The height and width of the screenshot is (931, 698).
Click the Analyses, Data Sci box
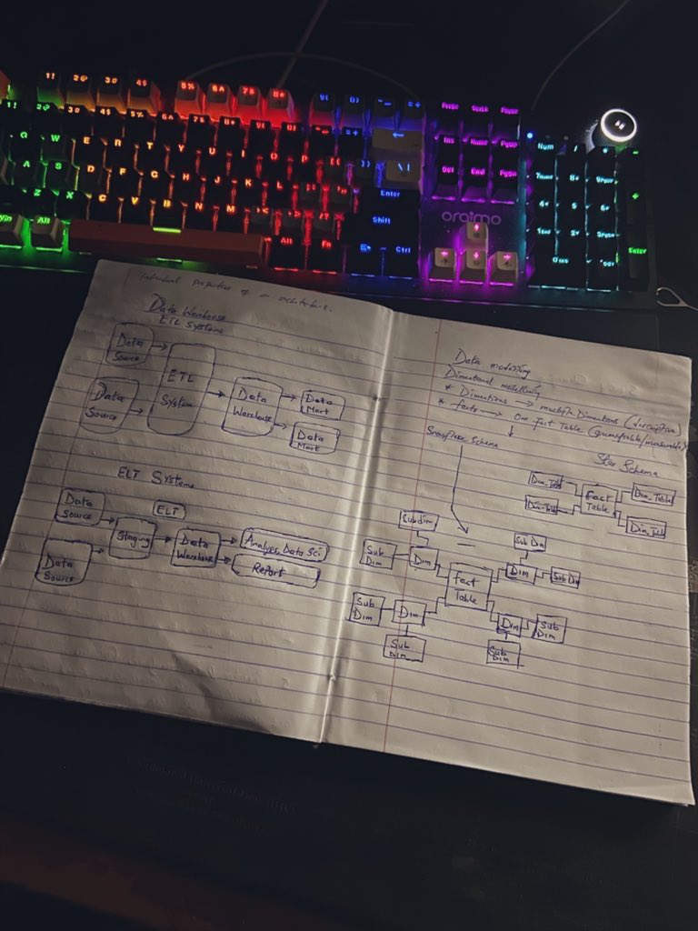pyautogui.click(x=284, y=546)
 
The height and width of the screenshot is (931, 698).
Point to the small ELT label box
pyautogui.click(x=169, y=511)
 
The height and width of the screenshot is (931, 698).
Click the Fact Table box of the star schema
pyautogui.click(x=599, y=503)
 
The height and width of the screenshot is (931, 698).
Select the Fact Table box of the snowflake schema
pyautogui.click(x=467, y=586)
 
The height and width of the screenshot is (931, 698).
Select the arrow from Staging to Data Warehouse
pyautogui.click(x=163, y=538)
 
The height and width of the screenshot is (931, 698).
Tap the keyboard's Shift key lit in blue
pyautogui.click(x=381, y=219)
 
